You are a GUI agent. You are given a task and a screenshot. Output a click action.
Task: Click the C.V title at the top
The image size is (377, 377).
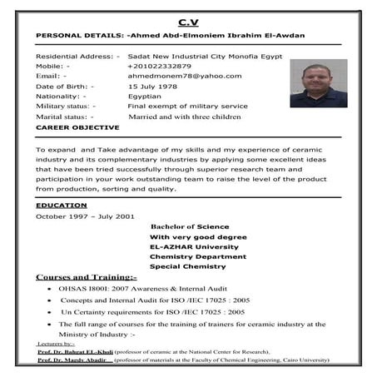[188, 21]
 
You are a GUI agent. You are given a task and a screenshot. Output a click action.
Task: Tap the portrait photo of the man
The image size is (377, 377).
[318, 85]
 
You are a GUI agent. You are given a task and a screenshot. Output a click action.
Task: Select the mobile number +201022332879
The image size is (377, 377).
[159, 66]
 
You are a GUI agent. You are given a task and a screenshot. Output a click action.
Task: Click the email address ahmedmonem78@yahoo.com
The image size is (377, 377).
[184, 76]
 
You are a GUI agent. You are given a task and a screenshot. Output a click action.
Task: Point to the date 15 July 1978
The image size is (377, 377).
[153, 87]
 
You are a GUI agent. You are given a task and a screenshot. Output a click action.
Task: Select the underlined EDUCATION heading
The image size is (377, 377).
[62, 205]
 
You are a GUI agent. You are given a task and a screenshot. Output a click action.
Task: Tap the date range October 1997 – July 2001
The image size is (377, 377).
[85, 216]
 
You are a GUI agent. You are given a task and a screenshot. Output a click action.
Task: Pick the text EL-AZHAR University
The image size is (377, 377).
[194, 246]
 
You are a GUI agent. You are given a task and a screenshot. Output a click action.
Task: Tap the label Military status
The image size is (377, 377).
[66, 107]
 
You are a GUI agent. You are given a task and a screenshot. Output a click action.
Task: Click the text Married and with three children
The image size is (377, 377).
[184, 117]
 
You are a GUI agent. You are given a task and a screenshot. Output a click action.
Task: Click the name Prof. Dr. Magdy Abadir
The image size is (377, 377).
[73, 361]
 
